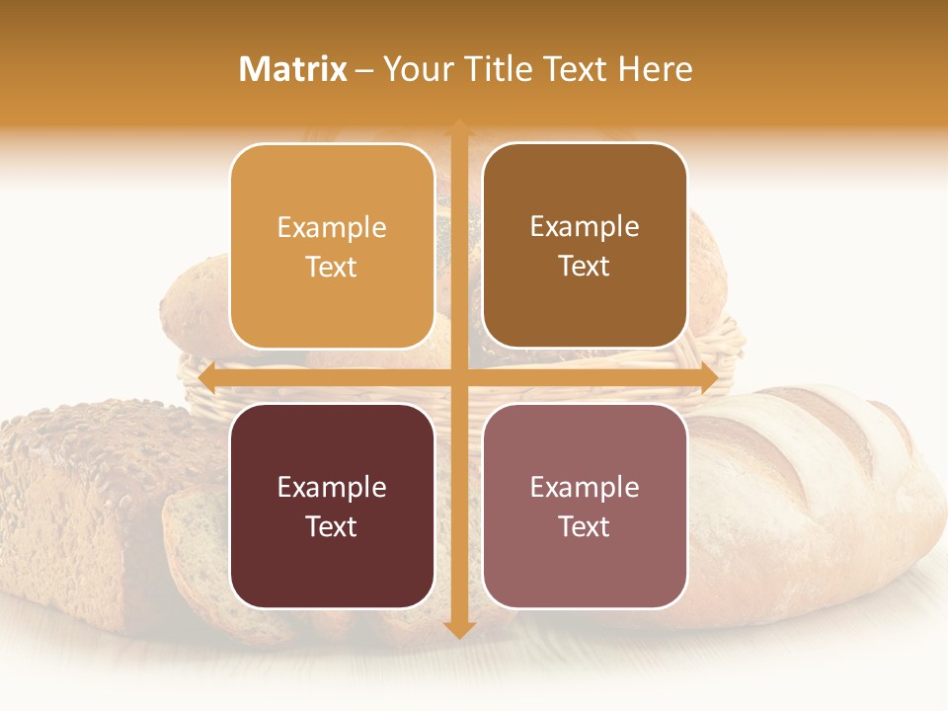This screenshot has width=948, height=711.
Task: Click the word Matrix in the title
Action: click(293, 69)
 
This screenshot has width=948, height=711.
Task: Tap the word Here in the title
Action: click(656, 69)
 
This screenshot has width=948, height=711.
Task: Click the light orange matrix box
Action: click(332, 246)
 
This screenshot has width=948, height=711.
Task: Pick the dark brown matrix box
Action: click(585, 246)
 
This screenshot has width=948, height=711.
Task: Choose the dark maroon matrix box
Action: click(332, 506)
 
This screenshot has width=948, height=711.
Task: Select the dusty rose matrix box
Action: click(585, 506)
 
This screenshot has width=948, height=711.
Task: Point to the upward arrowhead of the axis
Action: click(458, 128)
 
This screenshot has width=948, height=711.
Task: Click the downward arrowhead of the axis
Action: click(458, 630)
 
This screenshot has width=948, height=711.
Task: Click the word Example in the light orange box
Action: click(332, 228)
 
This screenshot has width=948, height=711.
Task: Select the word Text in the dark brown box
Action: click(585, 267)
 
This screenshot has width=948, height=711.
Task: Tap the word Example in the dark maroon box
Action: click(332, 487)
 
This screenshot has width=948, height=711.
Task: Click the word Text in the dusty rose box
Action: click(585, 526)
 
